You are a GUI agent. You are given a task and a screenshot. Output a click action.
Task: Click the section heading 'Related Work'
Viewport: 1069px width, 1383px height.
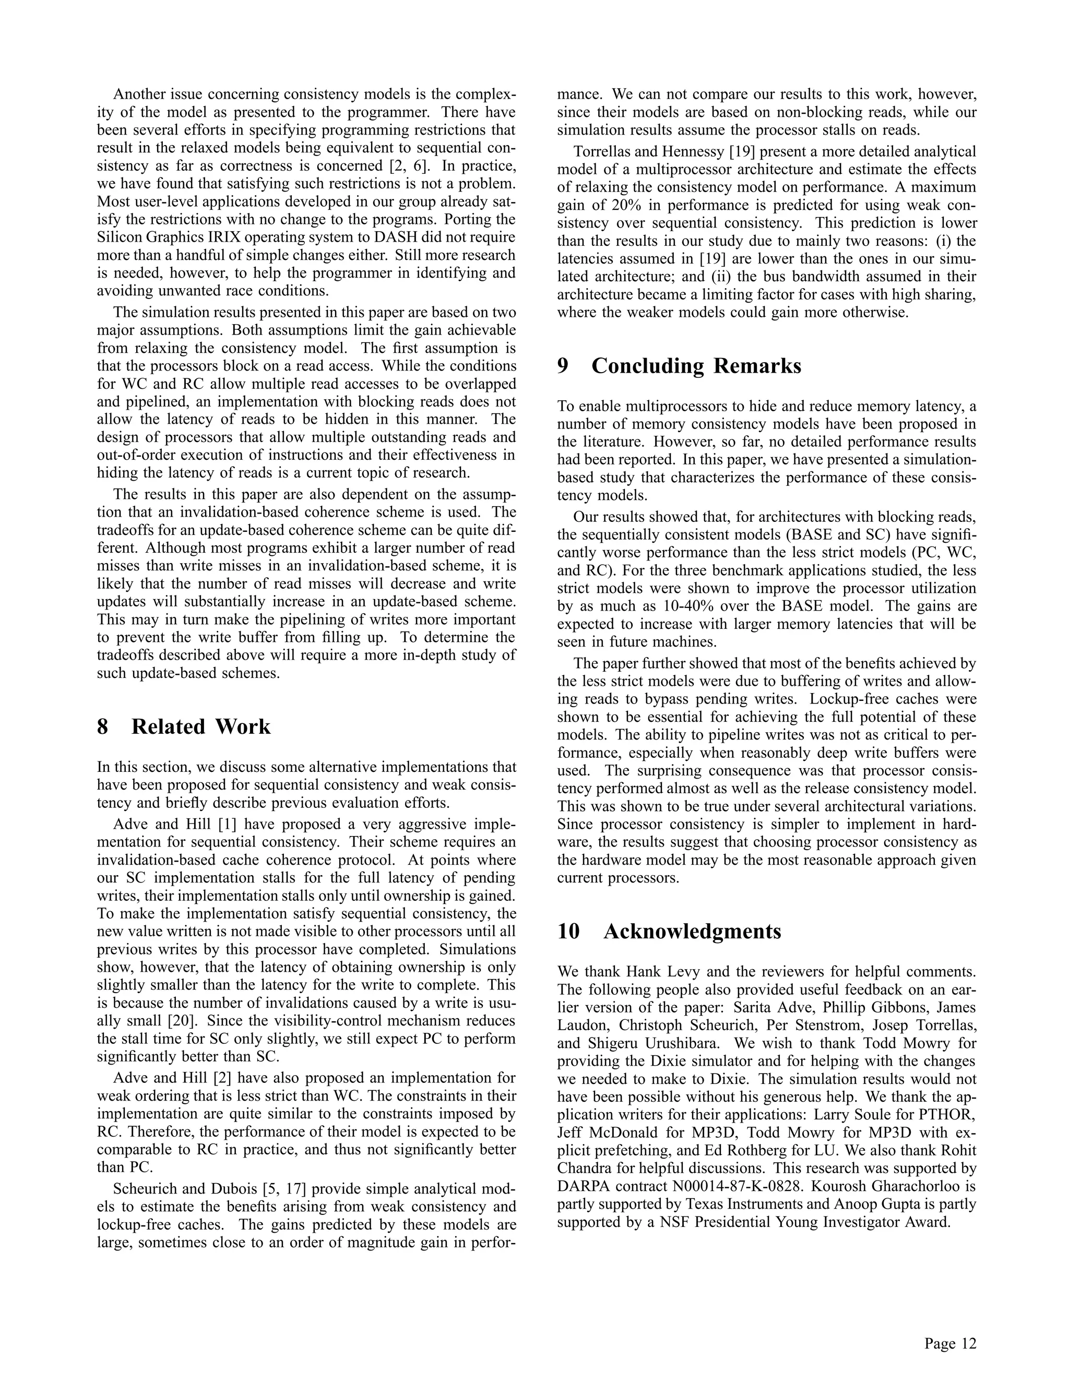[201, 726]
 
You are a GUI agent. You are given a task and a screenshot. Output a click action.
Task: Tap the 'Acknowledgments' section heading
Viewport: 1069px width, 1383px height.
[692, 932]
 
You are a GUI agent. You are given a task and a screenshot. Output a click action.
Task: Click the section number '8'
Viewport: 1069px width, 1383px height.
[103, 726]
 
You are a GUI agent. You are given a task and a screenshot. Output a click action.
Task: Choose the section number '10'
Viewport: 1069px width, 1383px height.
[569, 932]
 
